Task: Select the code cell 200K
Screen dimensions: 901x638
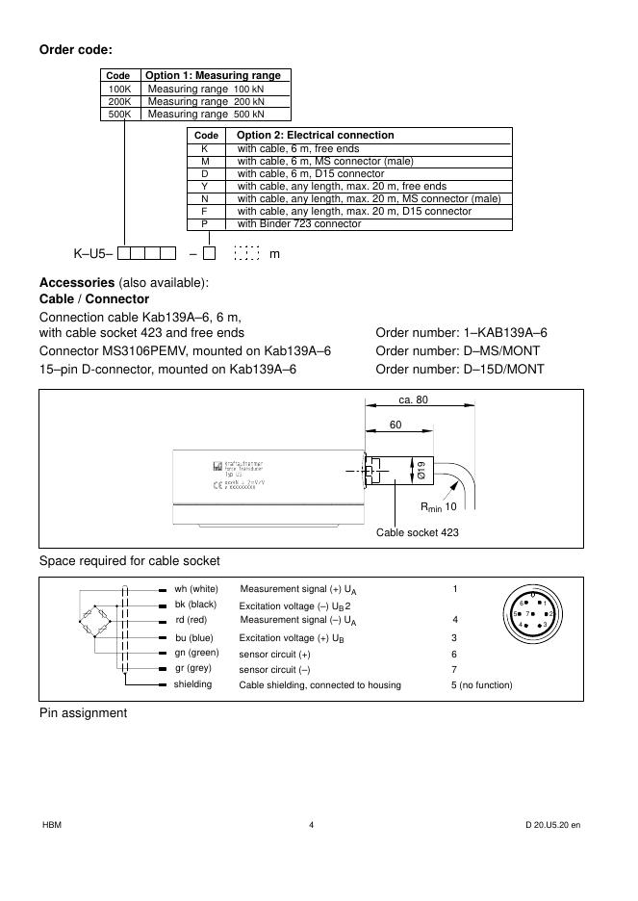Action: (x=118, y=101)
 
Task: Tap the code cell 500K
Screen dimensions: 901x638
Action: (x=118, y=114)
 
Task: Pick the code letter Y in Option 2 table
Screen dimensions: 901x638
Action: (x=204, y=186)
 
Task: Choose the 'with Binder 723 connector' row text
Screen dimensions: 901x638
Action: (x=299, y=223)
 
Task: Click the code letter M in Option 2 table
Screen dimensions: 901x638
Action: (x=204, y=162)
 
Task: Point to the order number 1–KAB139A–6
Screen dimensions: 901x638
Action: (x=461, y=332)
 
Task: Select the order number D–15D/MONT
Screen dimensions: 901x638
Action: (x=459, y=369)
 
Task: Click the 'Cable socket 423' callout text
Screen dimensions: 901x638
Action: (x=417, y=532)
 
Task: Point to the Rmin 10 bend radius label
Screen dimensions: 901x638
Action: (x=438, y=506)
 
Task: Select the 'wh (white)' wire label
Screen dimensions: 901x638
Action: (x=196, y=588)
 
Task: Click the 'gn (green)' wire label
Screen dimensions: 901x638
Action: (x=196, y=653)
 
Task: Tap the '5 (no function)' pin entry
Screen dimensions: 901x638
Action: (x=481, y=685)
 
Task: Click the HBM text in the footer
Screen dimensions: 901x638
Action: (x=52, y=825)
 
